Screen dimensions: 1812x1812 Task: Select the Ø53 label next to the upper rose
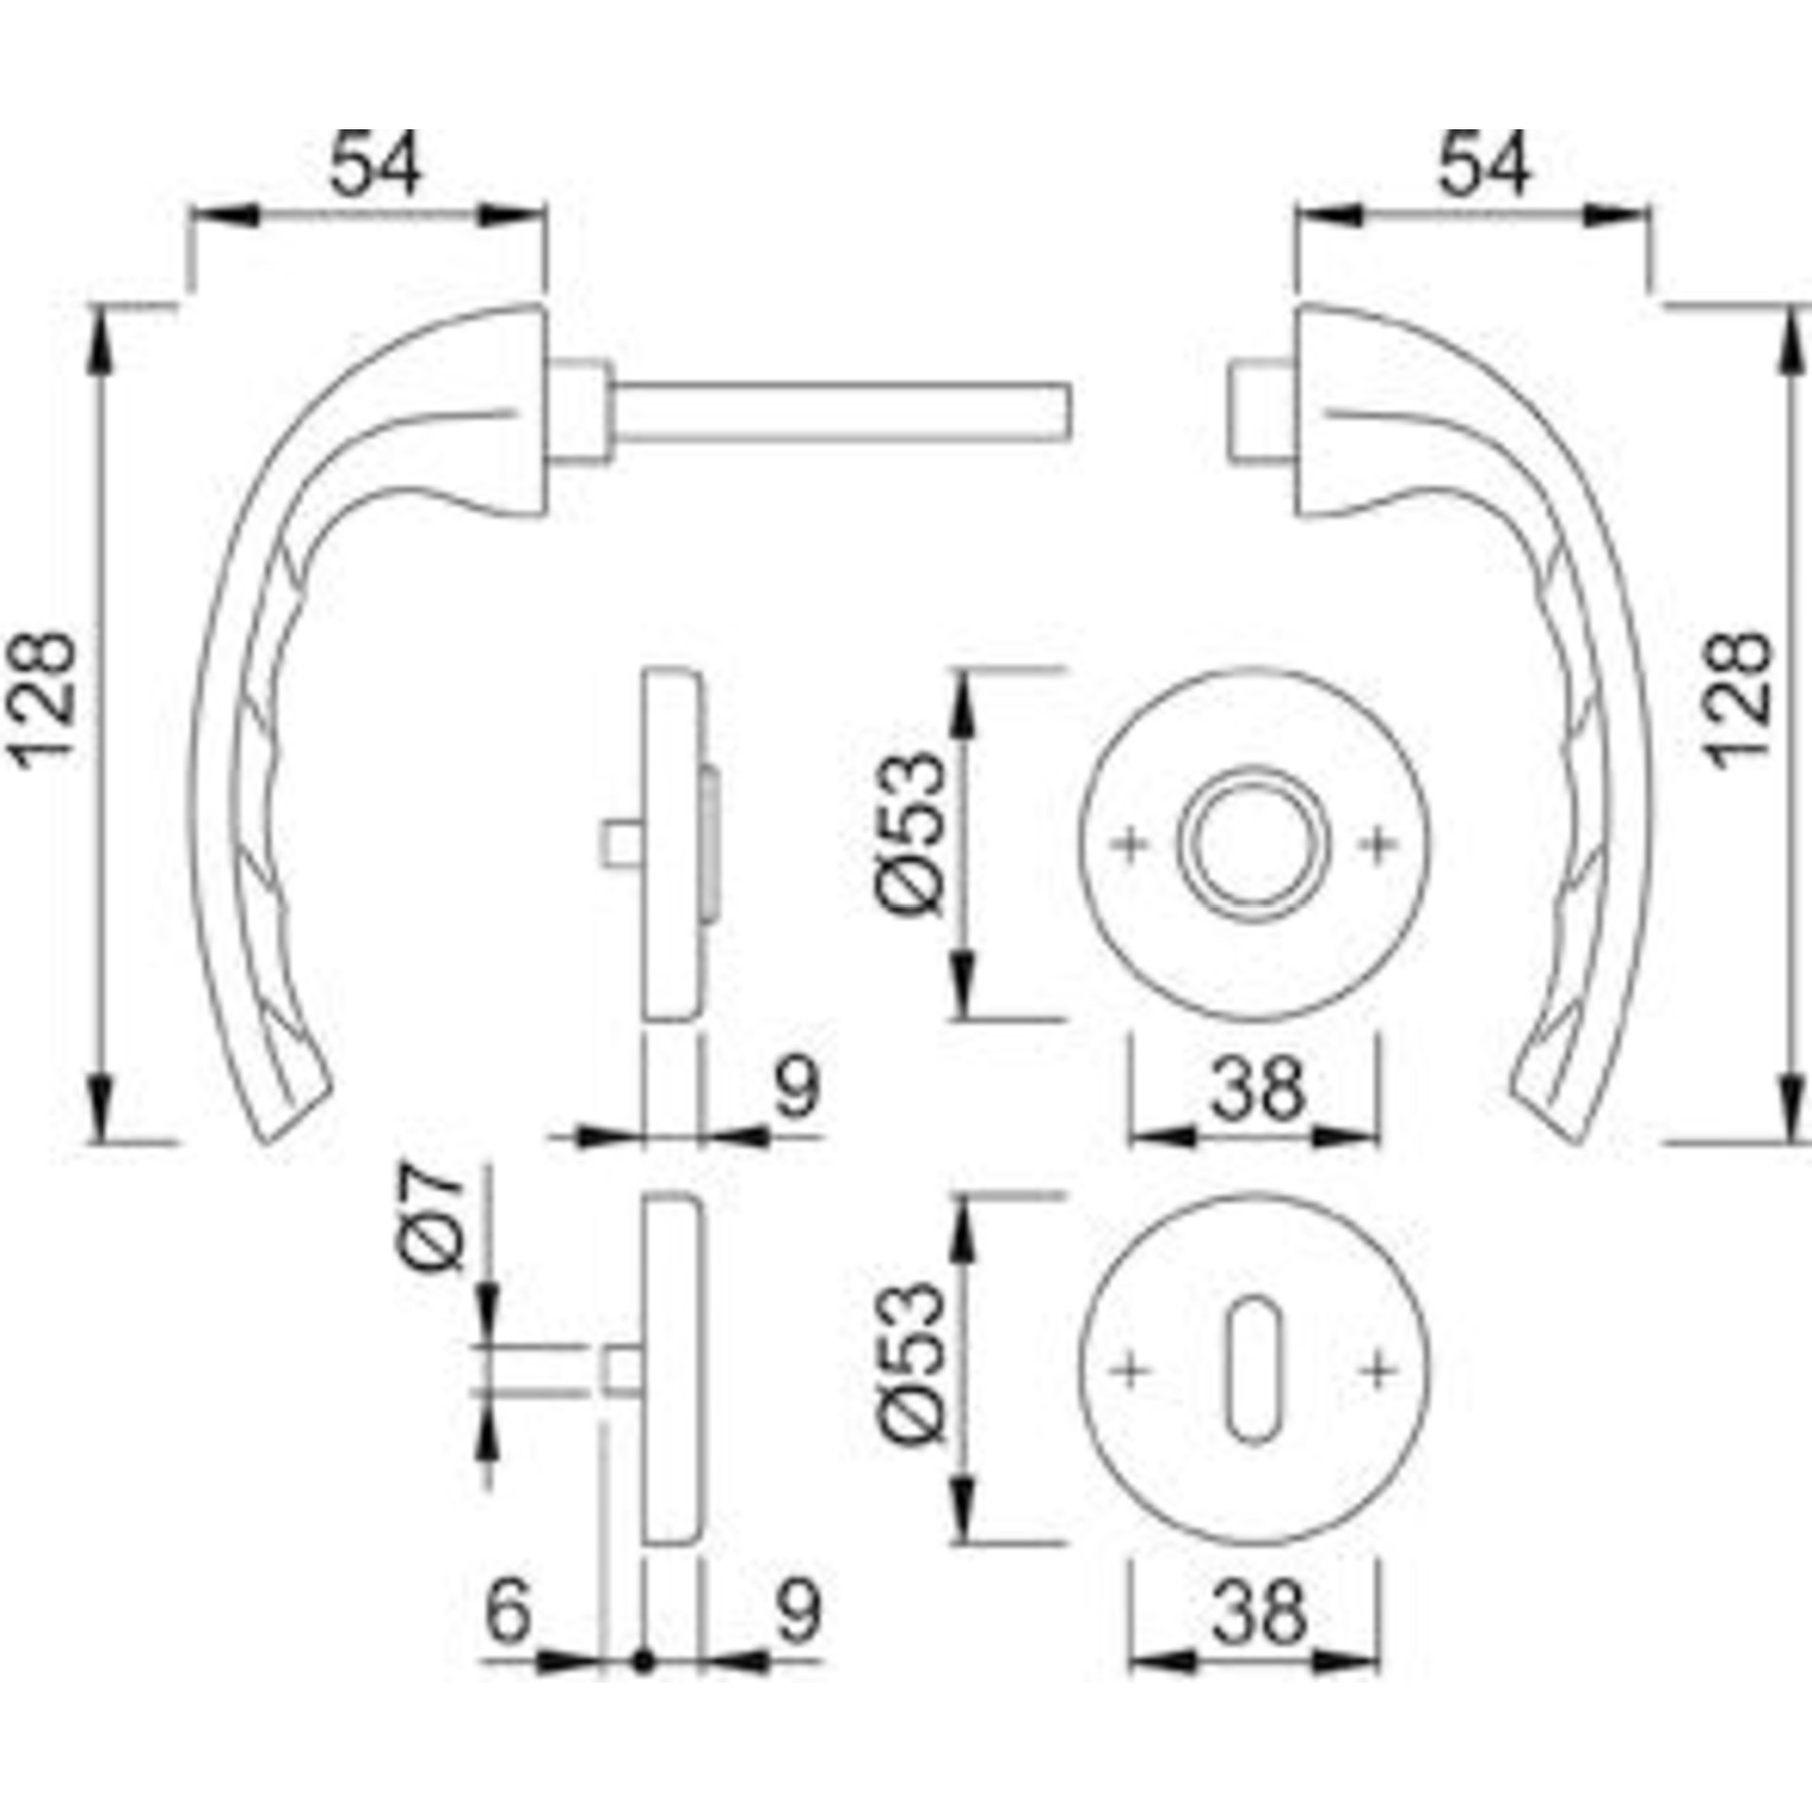point(912,832)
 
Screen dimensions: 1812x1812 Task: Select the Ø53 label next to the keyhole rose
point(912,1363)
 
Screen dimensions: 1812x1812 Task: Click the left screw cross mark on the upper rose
point(1131,844)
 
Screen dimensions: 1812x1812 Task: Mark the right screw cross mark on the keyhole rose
point(1379,1370)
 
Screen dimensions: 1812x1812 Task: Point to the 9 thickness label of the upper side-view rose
point(797,1088)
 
